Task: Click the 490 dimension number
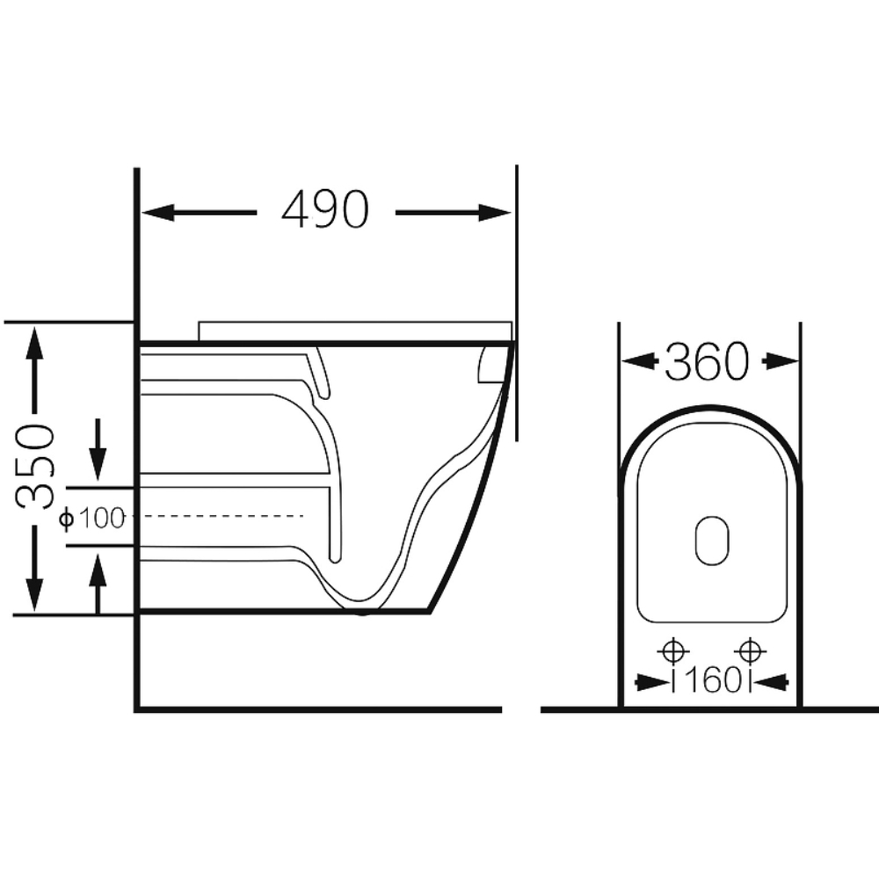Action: (325, 209)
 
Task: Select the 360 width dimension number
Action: (707, 361)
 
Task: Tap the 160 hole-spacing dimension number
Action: (712, 681)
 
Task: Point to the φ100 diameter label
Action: (91, 519)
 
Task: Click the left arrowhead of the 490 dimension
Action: (157, 213)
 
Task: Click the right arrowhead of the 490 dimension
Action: (495, 213)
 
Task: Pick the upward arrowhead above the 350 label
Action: (35, 344)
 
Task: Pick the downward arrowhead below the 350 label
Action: (35, 594)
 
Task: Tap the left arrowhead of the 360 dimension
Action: (640, 361)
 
